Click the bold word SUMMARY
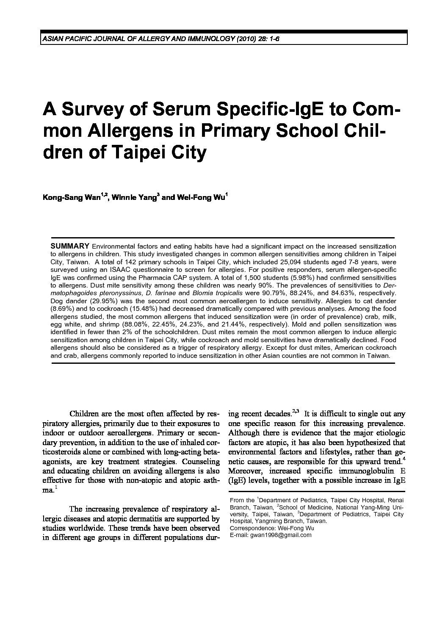pos(70,246)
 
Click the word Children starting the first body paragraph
pos(84,414)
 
